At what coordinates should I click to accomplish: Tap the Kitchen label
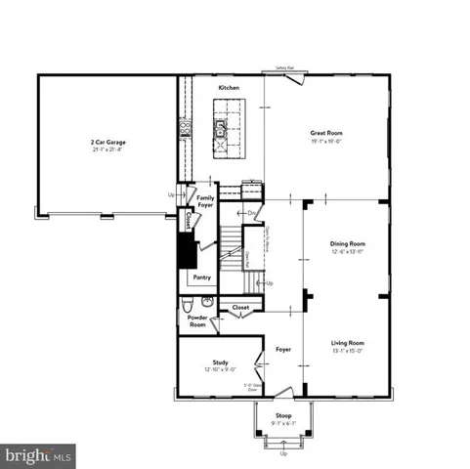pos(229,88)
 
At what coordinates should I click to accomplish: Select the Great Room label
pos(325,132)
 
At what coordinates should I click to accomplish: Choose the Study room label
pos(221,362)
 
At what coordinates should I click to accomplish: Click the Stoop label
pos(283,415)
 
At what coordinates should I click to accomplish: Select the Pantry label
pos(202,277)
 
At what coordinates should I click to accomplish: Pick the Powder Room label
pos(196,320)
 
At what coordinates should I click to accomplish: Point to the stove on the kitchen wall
pos(183,128)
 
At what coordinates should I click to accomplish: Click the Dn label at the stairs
pos(251,212)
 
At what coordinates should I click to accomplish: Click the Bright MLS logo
pos(39,455)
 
